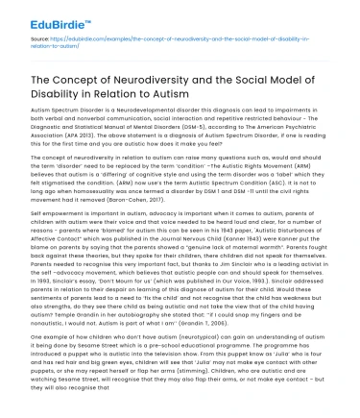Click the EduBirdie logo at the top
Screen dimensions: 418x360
point(40,13)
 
